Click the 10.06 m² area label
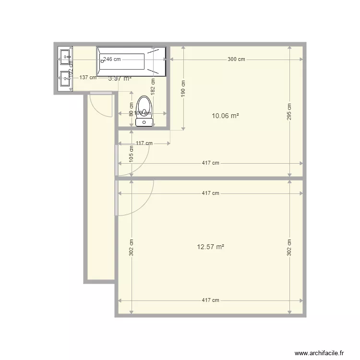pos(225,116)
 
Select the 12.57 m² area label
pos(211,247)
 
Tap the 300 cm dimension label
pos(236,60)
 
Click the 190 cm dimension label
pos(183,88)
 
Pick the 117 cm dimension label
pos(144,143)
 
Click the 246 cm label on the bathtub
pos(112,60)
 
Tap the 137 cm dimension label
pos(88,77)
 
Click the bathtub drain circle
pos(102,61)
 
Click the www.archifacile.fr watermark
pos(320,353)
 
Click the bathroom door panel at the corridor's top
pos(101,93)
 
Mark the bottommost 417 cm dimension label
pos(210,300)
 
